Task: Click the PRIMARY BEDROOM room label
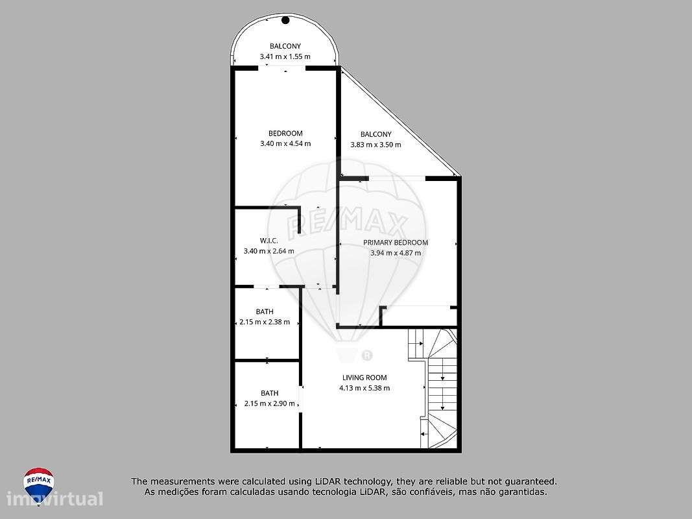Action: click(396, 243)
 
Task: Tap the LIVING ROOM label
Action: click(364, 378)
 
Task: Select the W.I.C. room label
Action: click(269, 241)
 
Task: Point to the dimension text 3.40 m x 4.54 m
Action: click(285, 143)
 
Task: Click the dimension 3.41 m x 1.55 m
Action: click(285, 56)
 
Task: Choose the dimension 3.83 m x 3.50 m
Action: click(376, 145)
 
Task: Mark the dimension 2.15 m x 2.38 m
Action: click(265, 322)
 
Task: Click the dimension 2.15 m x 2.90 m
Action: click(269, 404)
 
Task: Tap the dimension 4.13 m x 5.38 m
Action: click(364, 388)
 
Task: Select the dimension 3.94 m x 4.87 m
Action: click(396, 253)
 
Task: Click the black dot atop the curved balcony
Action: click(285, 20)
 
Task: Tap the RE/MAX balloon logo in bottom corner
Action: click(38, 482)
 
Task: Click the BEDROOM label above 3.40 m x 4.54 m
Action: click(285, 133)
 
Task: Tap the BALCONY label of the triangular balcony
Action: click(376, 134)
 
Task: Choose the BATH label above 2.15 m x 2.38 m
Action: click(265, 311)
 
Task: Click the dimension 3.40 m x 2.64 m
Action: click(268, 251)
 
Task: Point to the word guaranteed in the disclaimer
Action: click(527, 481)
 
